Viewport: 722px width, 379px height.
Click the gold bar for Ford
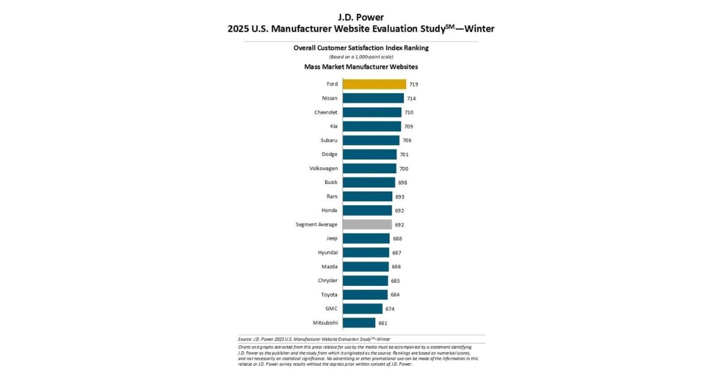tap(374, 84)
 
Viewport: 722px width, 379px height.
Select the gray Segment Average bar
tap(367, 224)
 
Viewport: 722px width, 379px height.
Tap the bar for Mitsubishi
tap(359, 323)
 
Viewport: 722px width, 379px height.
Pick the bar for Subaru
tap(371, 140)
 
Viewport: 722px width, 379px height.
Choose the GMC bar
tap(362, 309)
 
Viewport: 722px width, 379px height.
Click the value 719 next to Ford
tap(414, 84)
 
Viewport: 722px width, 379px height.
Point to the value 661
tap(383, 323)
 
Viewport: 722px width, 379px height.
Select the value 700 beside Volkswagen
tap(404, 168)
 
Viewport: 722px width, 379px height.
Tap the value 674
tap(390, 309)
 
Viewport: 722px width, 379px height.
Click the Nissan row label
tap(330, 98)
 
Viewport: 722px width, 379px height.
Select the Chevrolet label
tap(326, 112)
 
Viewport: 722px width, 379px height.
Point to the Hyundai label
tap(327, 253)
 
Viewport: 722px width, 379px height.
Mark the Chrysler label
tap(328, 281)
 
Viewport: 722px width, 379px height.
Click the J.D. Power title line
tap(361, 17)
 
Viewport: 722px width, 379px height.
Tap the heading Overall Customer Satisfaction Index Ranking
tap(361, 48)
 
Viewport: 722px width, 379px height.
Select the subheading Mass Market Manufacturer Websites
tap(361, 67)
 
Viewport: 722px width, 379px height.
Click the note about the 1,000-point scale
tap(361, 57)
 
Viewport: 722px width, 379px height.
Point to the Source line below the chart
tap(314, 339)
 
